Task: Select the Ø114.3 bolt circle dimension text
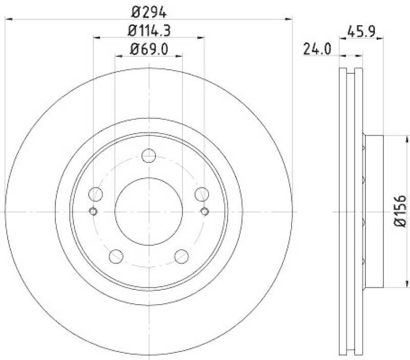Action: [149, 31]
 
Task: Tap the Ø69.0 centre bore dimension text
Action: [149, 50]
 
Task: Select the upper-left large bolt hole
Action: [96, 194]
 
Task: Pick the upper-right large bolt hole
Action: [202, 194]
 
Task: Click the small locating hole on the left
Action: [93, 211]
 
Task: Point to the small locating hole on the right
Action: [204, 211]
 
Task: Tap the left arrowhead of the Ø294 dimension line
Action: [8, 19]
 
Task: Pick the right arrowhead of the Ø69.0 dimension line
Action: [179, 56]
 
